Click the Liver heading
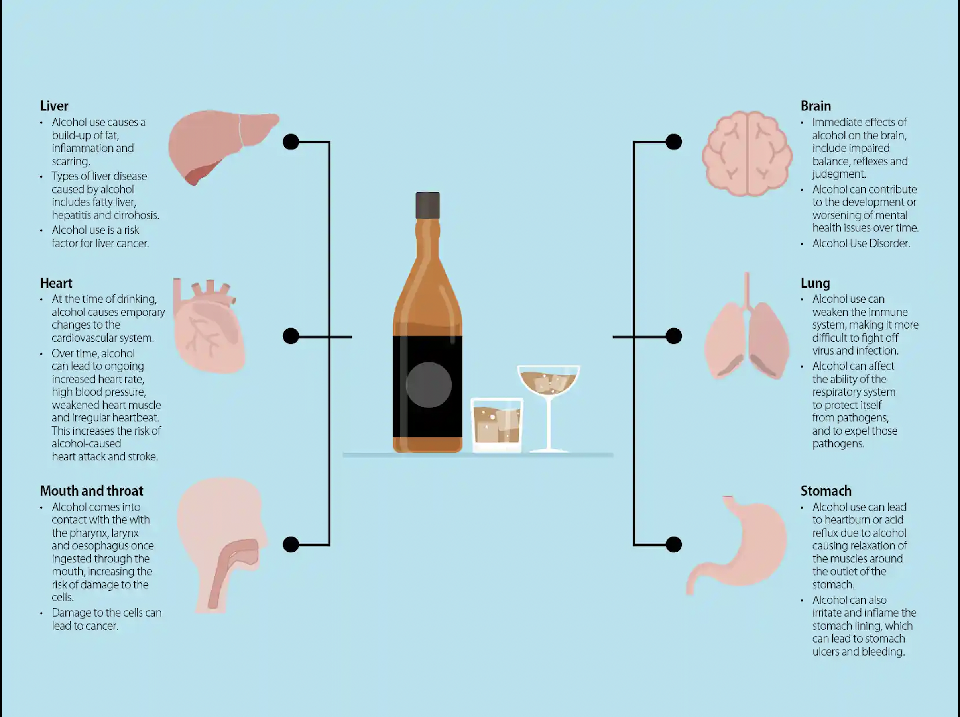pyautogui.click(x=54, y=106)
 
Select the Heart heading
pyautogui.click(x=56, y=283)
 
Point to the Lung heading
pyautogui.click(x=815, y=283)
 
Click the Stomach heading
pyautogui.click(x=826, y=491)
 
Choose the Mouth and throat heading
pyautogui.click(x=92, y=491)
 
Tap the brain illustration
pyautogui.click(x=747, y=153)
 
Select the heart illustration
pyautogui.click(x=209, y=325)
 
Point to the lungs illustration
pyautogui.click(x=746, y=326)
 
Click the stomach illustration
pyautogui.click(x=736, y=545)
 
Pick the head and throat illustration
pyautogui.click(x=222, y=546)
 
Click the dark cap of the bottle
pyautogui.click(x=427, y=205)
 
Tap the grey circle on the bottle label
pyautogui.click(x=429, y=385)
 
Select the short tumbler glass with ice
pyautogui.click(x=497, y=425)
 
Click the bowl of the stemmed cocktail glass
pyautogui.click(x=549, y=380)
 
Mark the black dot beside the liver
pyautogui.click(x=291, y=142)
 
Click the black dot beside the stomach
pyautogui.click(x=674, y=545)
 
